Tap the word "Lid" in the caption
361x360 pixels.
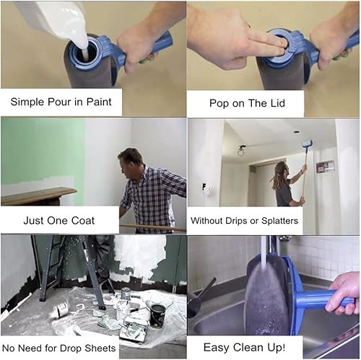(x=277, y=103)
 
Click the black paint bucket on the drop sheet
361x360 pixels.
(x=157, y=316)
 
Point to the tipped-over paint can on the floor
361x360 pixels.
(x=61, y=309)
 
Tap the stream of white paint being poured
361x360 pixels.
(x=82, y=41)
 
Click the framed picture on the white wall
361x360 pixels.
(x=326, y=167)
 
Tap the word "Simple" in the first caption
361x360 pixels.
(x=27, y=102)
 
